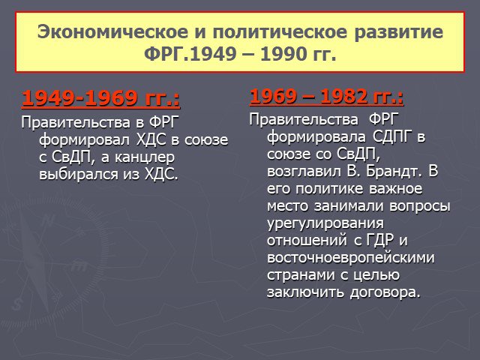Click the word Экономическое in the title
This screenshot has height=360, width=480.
pyautogui.click(x=112, y=31)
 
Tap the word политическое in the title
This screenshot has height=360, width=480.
pyautogui.click(x=280, y=32)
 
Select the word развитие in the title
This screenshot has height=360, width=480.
pyautogui.click(x=398, y=32)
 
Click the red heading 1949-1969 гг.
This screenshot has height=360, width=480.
pyautogui.click(x=100, y=98)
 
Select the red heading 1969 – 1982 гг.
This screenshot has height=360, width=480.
pyautogui.click(x=326, y=96)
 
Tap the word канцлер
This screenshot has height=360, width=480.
pyautogui.click(x=145, y=157)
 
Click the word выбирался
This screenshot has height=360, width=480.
pyautogui.click(x=78, y=174)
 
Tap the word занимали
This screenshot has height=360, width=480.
pyautogui.click(x=348, y=205)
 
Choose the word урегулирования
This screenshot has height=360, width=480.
pyautogui.click(x=325, y=223)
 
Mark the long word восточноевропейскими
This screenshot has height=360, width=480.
pyautogui.click(x=351, y=257)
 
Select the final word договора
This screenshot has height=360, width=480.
pyautogui.click(x=385, y=292)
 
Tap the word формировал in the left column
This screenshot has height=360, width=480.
pyautogui.click(x=85, y=140)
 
